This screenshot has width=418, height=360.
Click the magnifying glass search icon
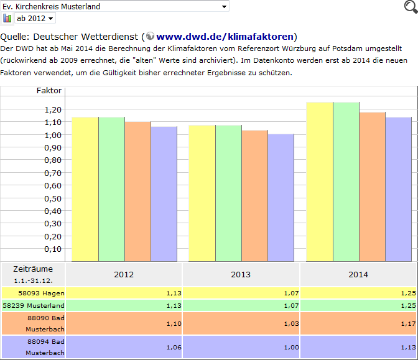click(409, 7)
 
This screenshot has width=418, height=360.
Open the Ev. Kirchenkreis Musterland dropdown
click(114, 6)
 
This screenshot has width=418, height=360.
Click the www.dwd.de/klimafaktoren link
click(225, 36)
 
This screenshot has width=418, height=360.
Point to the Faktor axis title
click(49, 91)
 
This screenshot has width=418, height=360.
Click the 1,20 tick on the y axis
click(53, 110)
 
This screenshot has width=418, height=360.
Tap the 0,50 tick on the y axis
click(53, 198)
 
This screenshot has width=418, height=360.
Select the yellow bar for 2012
click(85, 189)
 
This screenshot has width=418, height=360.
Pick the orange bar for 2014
click(372, 187)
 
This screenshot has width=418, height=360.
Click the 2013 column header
click(241, 274)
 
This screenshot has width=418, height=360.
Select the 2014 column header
click(358, 274)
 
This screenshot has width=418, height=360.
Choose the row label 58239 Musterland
click(34, 305)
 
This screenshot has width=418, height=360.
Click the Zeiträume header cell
click(33, 274)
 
